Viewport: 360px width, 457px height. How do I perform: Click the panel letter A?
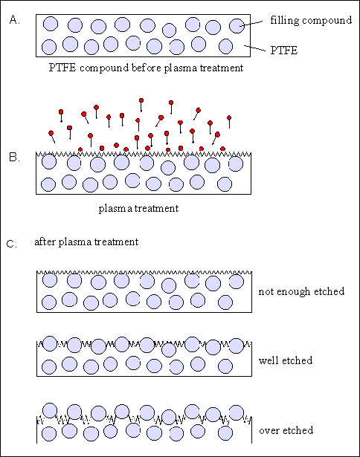pyautogui.click(x=14, y=20)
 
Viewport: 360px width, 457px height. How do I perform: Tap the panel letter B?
pyautogui.click(x=14, y=158)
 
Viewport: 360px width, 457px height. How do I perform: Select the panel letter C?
pyautogui.click(x=11, y=244)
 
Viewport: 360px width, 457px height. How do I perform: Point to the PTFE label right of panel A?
pyautogui.click(x=284, y=51)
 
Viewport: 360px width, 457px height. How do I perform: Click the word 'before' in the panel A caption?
pyautogui.click(x=147, y=68)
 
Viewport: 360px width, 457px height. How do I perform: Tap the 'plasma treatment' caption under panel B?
pyautogui.click(x=138, y=209)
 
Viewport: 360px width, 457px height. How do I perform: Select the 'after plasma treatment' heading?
pyautogui.click(x=86, y=242)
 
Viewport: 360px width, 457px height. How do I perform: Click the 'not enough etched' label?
pyautogui.click(x=301, y=291)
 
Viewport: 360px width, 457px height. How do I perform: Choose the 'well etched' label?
pyautogui.click(x=286, y=360)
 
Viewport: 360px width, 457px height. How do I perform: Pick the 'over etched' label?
pyautogui.click(x=286, y=430)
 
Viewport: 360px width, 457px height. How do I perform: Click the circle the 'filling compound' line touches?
pyautogui.click(x=237, y=26)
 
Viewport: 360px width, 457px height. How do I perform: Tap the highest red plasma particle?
pyautogui.click(x=141, y=100)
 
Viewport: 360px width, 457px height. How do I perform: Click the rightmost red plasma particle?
pyautogui.click(x=229, y=117)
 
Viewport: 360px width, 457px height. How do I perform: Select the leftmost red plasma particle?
pyautogui.click(x=51, y=133)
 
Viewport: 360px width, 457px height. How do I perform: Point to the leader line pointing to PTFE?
pyautogui.click(x=254, y=48)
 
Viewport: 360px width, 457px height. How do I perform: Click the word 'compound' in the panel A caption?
pyautogui.click(x=104, y=68)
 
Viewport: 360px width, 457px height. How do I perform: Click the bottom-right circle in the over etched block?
pyautogui.click(x=225, y=433)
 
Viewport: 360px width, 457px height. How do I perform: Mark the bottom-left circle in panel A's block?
pyautogui.click(x=49, y=47)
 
